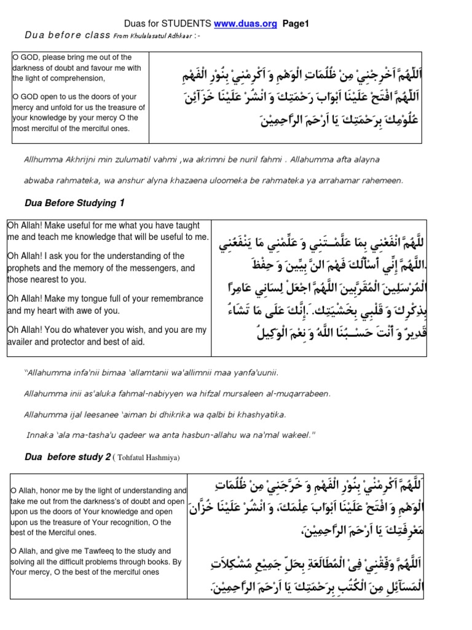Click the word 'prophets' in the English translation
27,268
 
